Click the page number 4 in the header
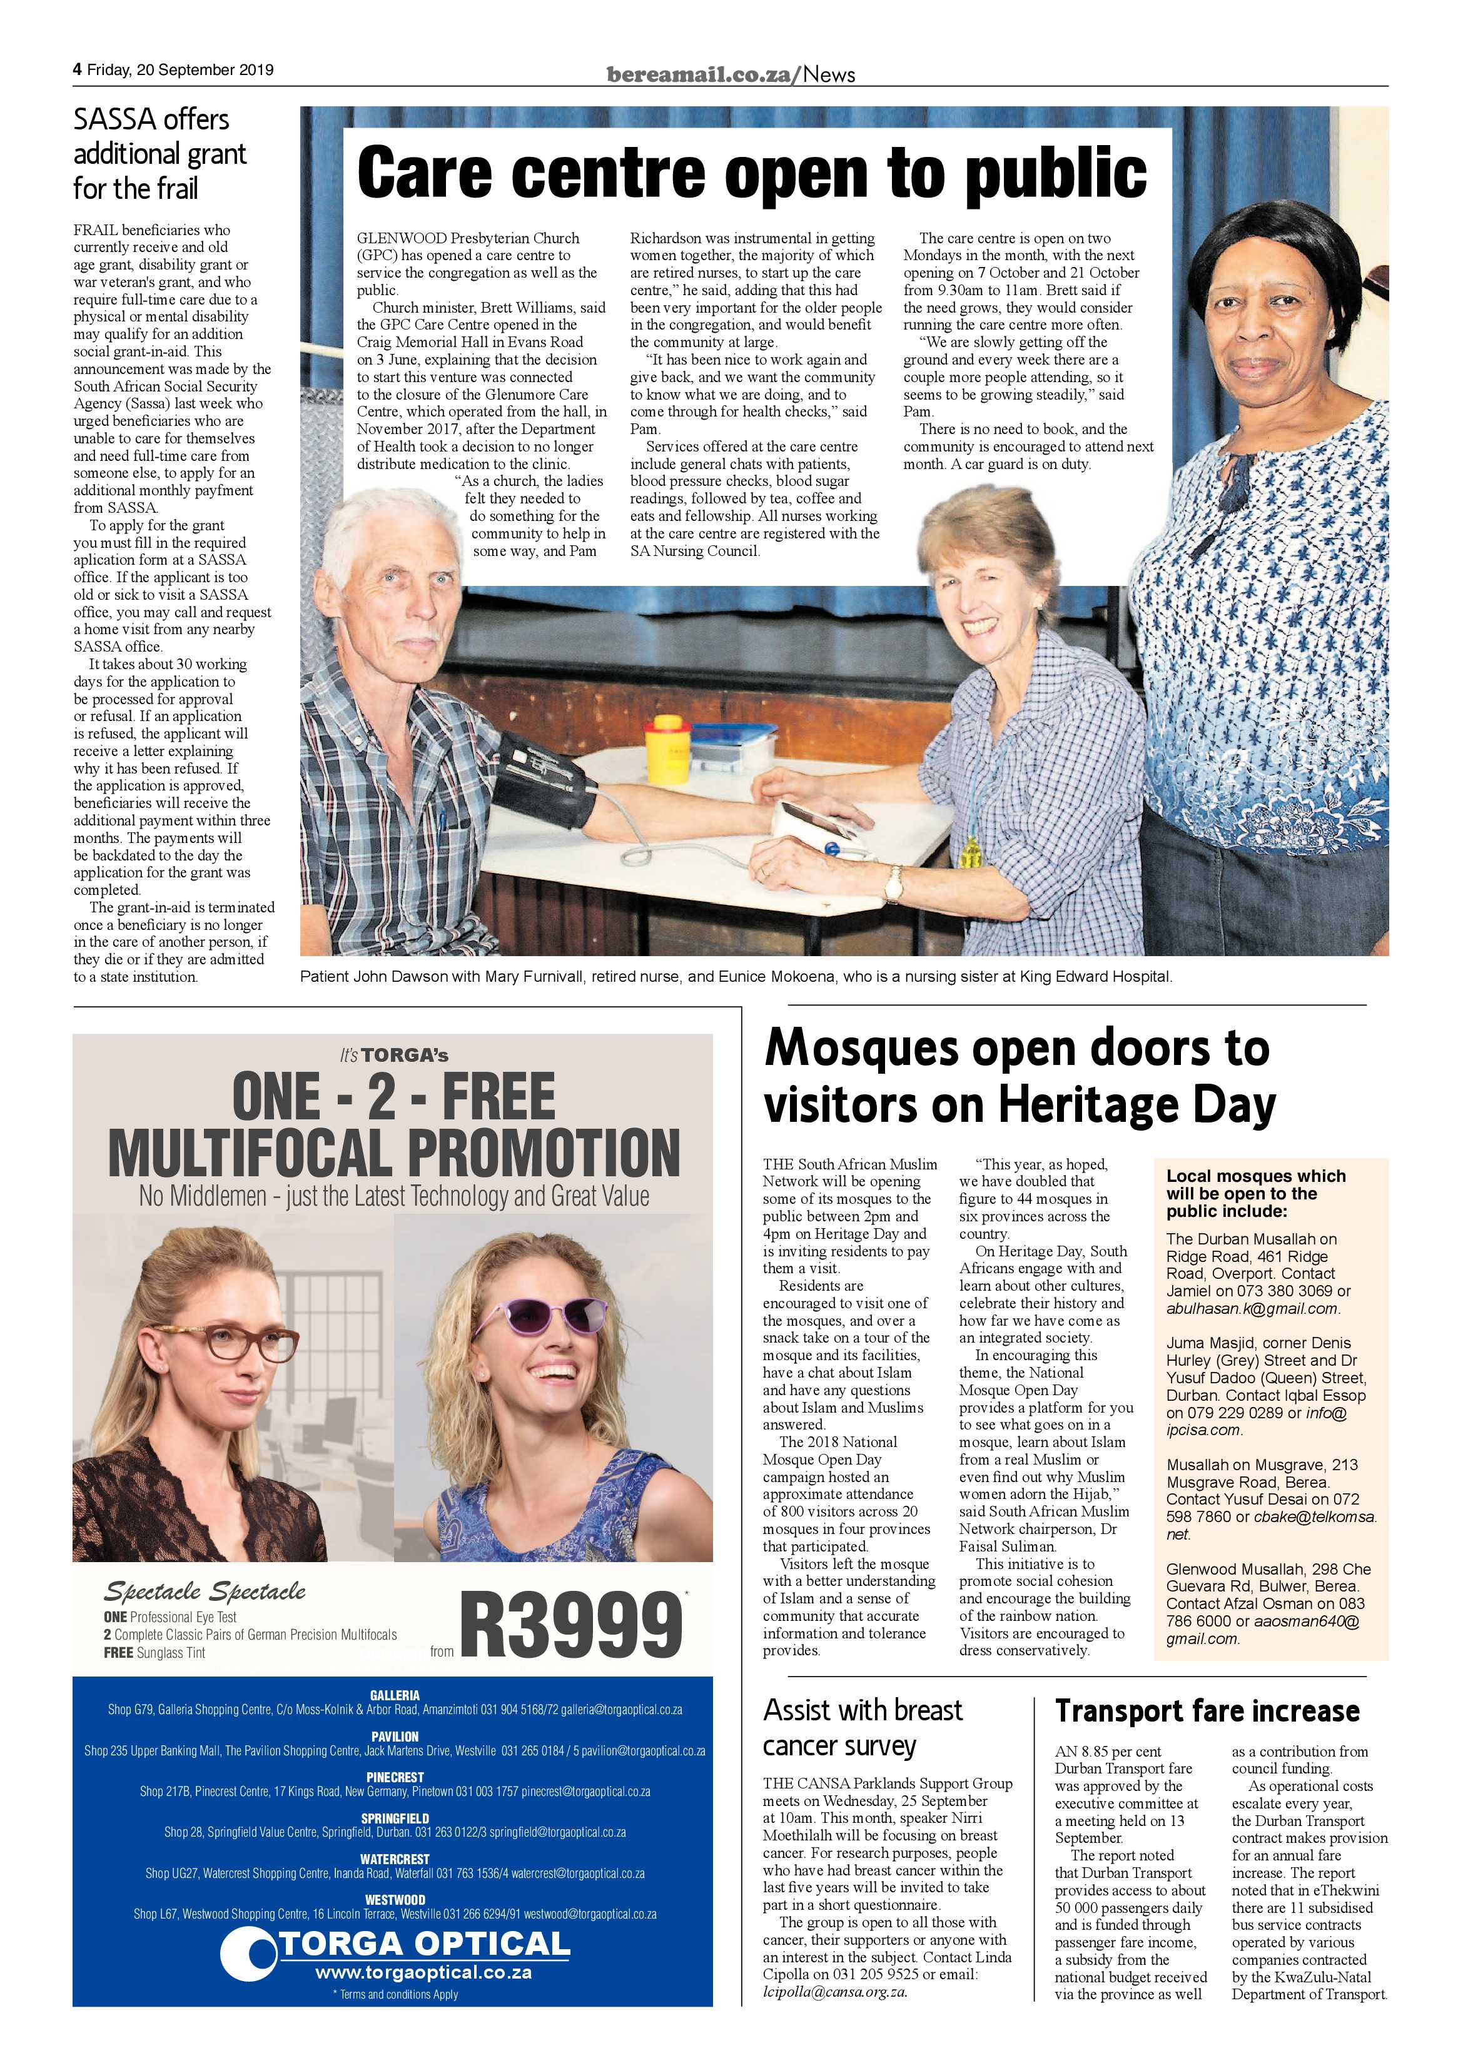point(78,69)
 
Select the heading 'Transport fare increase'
point(1207,1710)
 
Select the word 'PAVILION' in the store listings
point(393,1737)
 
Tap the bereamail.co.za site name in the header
point(701,76)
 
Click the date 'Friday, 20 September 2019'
point(180,69)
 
